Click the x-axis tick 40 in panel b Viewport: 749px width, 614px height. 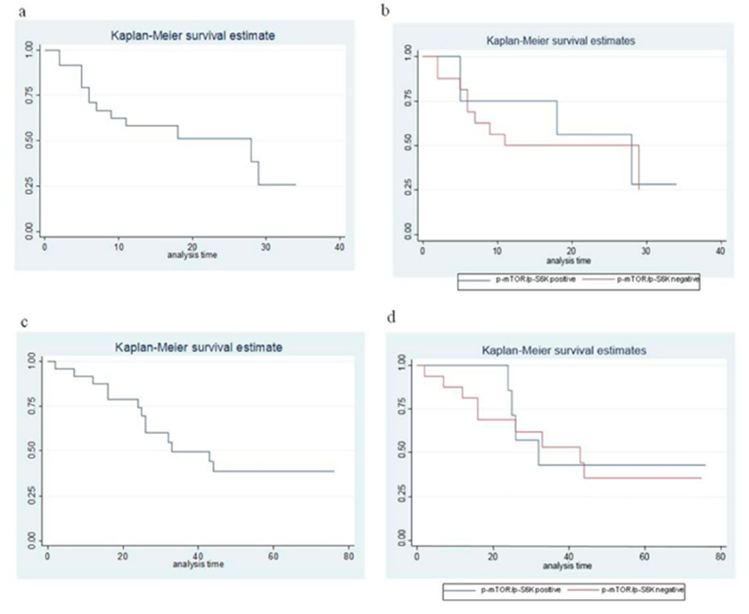point(721,251)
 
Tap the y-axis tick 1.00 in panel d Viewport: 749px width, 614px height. point(403,366)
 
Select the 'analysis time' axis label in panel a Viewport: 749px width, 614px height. point(193,254)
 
